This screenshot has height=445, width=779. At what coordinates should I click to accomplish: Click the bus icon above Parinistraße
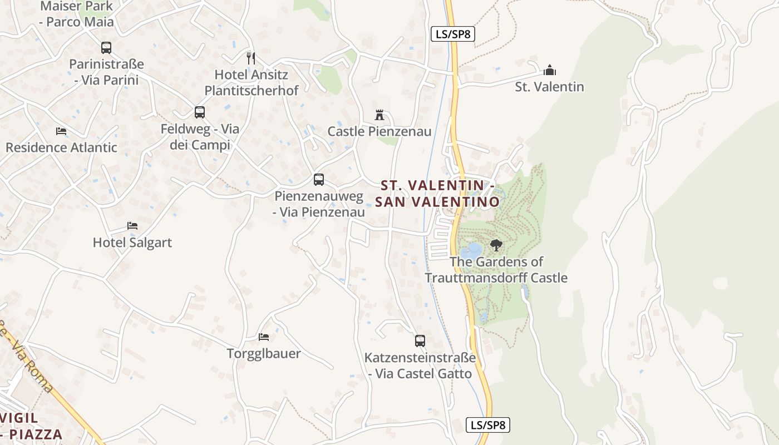coord(106,48)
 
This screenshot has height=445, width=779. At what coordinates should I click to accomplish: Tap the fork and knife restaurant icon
coord(251,58)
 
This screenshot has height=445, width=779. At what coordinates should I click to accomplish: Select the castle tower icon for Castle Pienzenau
coord(379,115)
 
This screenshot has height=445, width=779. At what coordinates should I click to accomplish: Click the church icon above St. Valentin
coord(550,70)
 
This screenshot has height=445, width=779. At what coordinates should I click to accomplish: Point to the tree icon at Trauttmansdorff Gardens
coord(496,245)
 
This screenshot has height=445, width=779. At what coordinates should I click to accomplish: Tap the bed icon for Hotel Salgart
coord(132,226)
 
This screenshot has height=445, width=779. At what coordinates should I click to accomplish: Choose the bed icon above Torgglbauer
coord(264,337)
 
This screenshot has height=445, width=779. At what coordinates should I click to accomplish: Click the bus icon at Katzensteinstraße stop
coord(420,340)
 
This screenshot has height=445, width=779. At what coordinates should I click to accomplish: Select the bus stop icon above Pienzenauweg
coord(319,180)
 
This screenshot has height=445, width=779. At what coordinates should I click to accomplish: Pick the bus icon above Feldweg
coord(200,112)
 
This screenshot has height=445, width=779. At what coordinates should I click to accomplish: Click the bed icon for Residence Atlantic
coord(61,131)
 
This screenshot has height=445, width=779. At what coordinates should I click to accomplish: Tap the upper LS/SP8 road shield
coord(453,34)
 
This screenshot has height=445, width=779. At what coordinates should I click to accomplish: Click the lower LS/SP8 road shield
coord(488,425)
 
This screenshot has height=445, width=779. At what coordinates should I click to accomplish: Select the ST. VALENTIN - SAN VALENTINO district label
coord(437,193)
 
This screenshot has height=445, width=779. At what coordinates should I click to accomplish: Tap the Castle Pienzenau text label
coord(379,132)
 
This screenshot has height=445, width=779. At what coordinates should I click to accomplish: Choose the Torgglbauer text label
coord(264,353)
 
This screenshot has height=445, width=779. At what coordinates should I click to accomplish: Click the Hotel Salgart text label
coord(132,243)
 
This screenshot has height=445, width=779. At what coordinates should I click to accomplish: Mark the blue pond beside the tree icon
coord(473,251)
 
